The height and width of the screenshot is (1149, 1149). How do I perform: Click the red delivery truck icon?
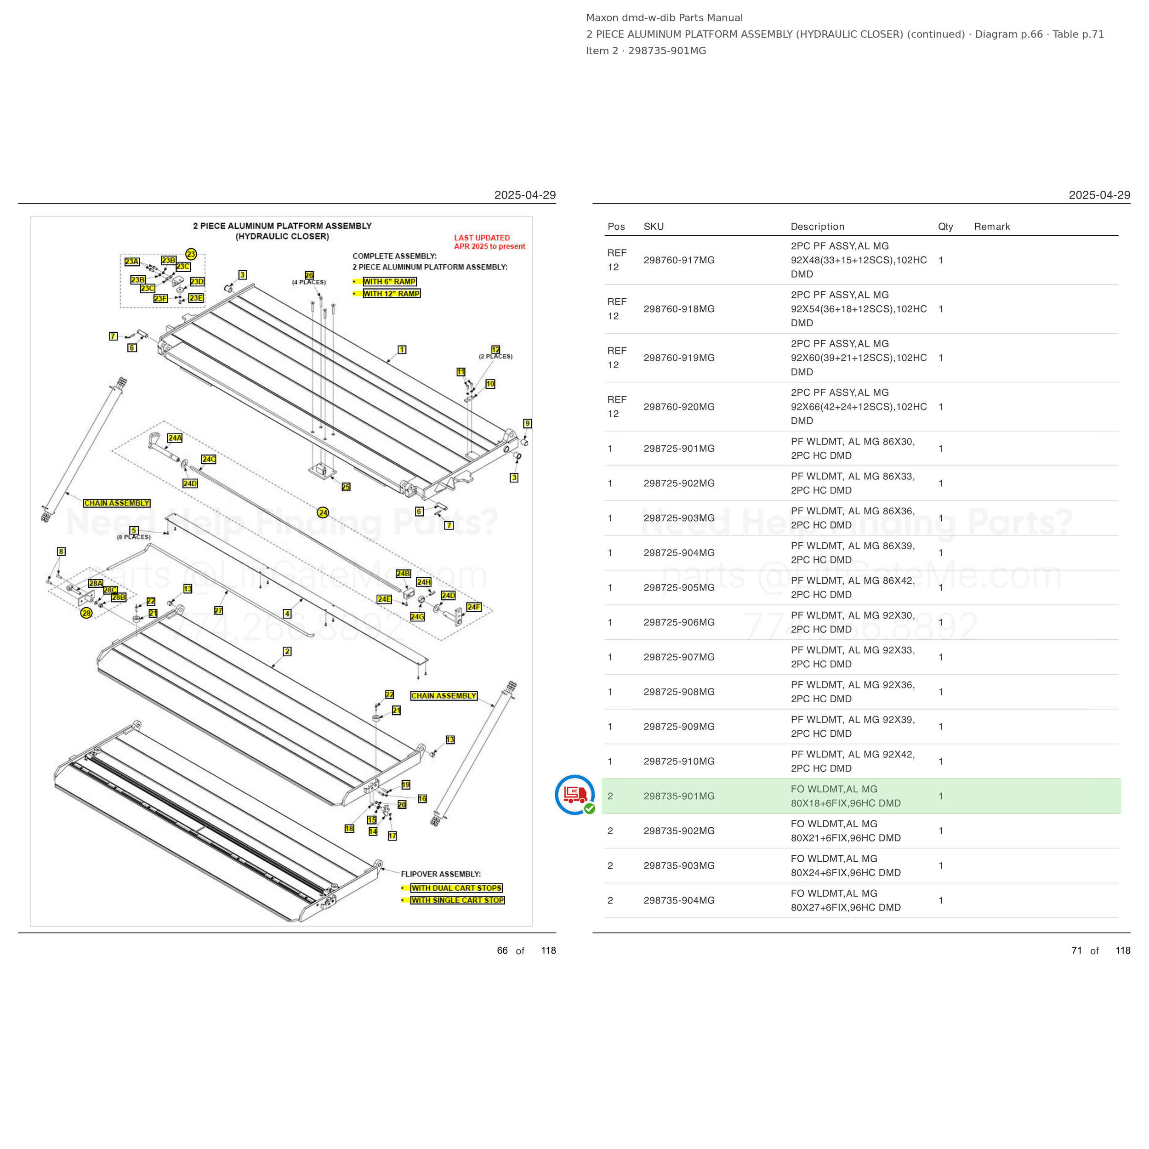coord(574,795)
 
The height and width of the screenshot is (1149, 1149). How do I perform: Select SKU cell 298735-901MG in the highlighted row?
coord(678,796)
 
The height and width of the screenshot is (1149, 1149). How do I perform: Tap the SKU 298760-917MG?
coord(678,260)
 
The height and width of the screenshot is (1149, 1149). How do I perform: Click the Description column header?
coord(817,227)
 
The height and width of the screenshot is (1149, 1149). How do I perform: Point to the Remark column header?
coord(992,227)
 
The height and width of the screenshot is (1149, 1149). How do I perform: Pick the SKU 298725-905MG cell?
coord(678,587)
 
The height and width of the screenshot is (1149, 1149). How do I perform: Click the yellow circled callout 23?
coord(191,254)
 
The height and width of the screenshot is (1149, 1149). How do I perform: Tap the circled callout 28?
coord(87,613)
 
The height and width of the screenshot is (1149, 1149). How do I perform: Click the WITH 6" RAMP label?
coord(390,281)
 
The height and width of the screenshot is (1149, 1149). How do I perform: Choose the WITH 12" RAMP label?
coord(391,293)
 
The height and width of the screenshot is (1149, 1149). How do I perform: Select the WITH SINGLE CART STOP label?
coord(458,900)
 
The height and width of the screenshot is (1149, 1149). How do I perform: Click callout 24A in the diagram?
coord(175,438)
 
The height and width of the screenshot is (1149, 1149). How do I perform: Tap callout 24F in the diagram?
coord(474,607)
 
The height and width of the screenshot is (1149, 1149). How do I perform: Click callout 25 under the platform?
coord(346,486)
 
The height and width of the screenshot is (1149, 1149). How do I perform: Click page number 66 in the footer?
coord(502,950)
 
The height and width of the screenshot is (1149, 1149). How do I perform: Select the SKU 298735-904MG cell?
coord(678,900)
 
